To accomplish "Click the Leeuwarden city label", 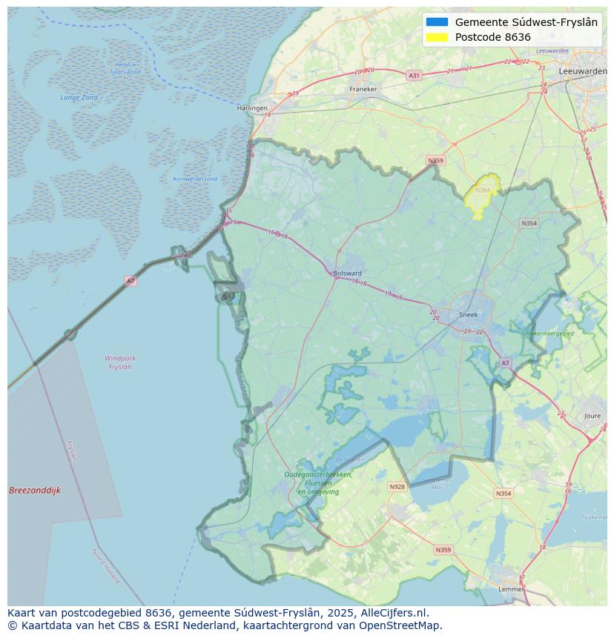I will [584, 71].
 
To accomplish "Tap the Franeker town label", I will [363, 89].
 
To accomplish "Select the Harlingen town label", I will [252, 108].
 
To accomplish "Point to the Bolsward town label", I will [347, 273].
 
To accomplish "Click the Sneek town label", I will [469, 314].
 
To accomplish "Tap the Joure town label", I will [592, 416].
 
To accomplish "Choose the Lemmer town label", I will [511, 589].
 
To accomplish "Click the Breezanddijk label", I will [35, 491].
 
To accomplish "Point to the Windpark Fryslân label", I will [120, 362].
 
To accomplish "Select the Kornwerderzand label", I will [195, 179].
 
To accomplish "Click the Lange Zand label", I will [79, 98].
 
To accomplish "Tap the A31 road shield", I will [414, 76].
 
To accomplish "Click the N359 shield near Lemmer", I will [443, 550].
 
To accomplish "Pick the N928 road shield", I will [397, 487].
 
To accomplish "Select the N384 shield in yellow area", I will [482, 190].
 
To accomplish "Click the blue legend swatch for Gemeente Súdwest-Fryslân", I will [438, 22].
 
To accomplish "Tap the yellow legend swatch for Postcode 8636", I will [438, 37].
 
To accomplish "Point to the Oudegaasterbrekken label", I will [318, 475].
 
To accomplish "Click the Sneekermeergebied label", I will [548, 334].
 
